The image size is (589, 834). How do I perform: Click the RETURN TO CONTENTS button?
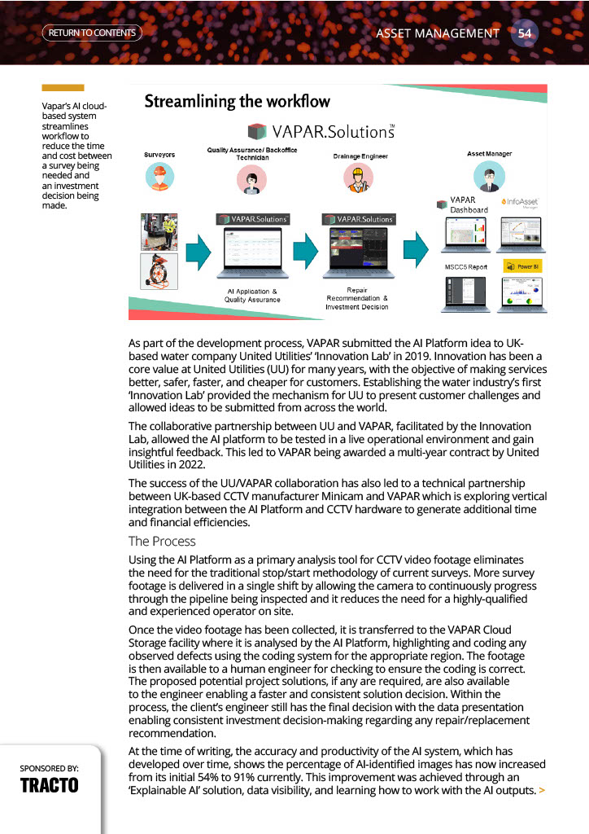click(91, 33)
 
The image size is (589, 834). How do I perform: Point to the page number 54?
click(525, 33)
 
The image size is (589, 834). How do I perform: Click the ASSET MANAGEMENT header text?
click(438, 33)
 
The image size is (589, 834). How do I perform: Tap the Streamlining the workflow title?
click(237, 102)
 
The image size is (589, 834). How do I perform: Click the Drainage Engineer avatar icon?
click(358, 178)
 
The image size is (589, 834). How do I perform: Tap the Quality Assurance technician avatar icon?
click(251, 180)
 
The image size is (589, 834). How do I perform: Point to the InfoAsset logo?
click(521, 201)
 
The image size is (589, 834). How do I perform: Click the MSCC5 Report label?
click(465, 267)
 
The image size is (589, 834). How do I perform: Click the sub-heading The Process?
click(162, 541)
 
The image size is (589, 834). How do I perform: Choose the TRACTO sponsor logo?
click(49, 785)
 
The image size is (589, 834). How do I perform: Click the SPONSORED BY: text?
click(50, 767)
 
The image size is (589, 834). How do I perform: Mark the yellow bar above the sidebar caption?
click(63, 88)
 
